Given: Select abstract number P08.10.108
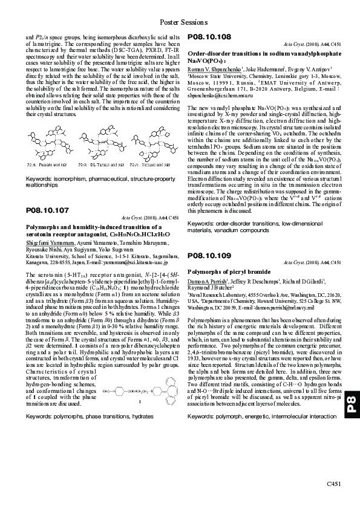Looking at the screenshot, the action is [x=209, y=37].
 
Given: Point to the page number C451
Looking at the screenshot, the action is [x=335, y=484].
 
